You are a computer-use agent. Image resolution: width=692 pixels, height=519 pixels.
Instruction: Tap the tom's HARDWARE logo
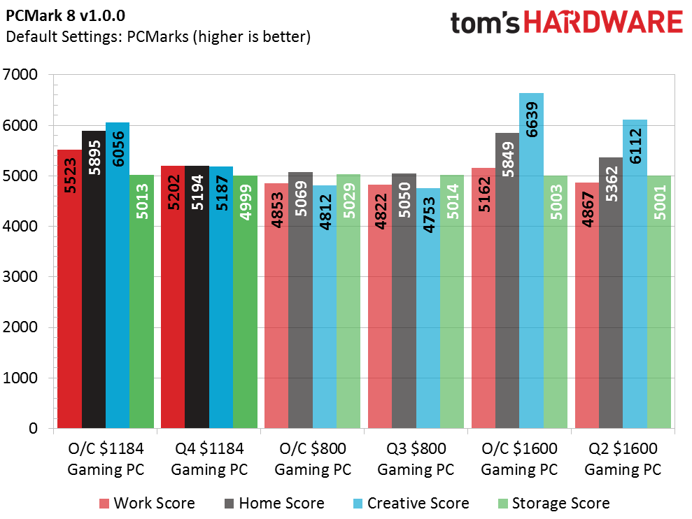pos(566,23)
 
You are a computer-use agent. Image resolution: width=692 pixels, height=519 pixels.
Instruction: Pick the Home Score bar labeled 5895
pos(93,279)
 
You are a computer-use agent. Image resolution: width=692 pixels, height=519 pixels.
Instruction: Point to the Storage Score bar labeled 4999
pos(245,301)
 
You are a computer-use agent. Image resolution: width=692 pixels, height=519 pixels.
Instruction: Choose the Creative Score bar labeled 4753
pos(428,308)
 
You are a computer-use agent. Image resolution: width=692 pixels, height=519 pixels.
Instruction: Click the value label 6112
pos(635,155)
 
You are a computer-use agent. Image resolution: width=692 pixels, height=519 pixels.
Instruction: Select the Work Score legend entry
pos(147,503)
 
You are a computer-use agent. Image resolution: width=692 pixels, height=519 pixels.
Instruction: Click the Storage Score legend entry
pos(553,503)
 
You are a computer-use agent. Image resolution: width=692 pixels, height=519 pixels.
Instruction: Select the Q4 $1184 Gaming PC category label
pos(209,458)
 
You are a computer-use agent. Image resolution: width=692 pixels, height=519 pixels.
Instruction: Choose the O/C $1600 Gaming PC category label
pos(519,458)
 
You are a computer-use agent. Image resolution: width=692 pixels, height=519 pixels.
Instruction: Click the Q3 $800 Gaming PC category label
pos(416,458)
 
